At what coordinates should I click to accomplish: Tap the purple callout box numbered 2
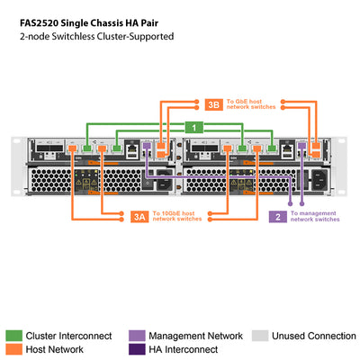[x=279, y=216]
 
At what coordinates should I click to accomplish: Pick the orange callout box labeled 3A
[x=138, y=216]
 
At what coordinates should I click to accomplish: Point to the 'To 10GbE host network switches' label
[x=177, y=216]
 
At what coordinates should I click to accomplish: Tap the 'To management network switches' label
[x=314, y=216]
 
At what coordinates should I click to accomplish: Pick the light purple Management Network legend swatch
[x=137, y=336]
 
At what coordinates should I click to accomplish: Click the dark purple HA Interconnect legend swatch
[x=137, y=349]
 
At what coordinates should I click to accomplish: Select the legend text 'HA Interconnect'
[x=183, y=349]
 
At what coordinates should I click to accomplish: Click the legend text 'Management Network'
[x=194, y=336]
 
